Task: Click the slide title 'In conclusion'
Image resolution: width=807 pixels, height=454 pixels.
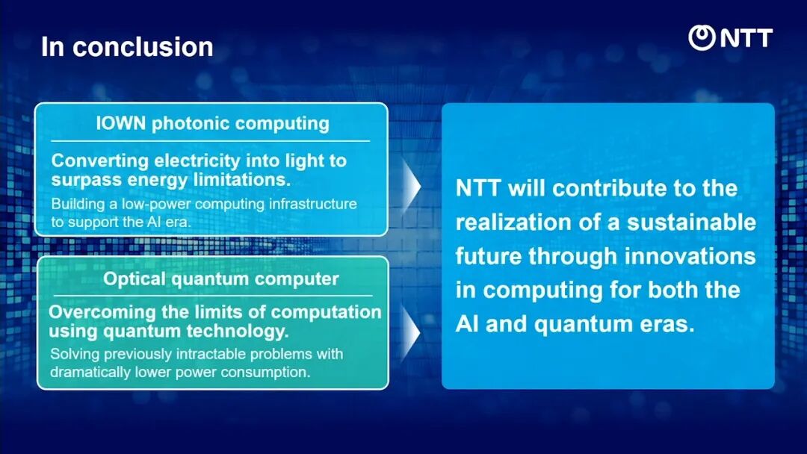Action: click(127, 47)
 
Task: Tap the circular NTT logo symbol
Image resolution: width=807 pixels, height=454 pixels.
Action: click(702, 38)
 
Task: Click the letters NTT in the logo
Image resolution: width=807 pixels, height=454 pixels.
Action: click(746, 38)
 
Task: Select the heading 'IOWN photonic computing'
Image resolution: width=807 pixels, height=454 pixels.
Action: click(212, 123)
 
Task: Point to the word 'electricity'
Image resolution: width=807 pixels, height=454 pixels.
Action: click(197, 161)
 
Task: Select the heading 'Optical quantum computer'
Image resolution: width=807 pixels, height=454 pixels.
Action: click(220, 279)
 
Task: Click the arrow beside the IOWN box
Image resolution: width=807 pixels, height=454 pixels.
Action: click(410, 186)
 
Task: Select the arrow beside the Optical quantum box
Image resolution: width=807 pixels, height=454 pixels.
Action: click(410, 332)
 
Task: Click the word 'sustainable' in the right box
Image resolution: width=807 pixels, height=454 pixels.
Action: click(691, 222)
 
